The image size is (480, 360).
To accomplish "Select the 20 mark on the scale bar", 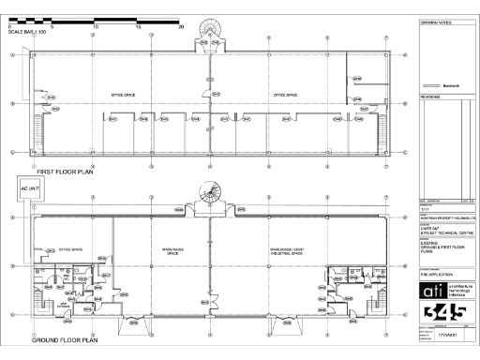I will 181,27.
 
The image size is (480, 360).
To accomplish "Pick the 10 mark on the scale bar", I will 95,27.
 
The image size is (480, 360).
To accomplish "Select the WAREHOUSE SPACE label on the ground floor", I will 164,252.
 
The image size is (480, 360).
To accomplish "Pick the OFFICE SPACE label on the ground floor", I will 71,249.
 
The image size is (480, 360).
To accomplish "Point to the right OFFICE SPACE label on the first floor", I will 285,95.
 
